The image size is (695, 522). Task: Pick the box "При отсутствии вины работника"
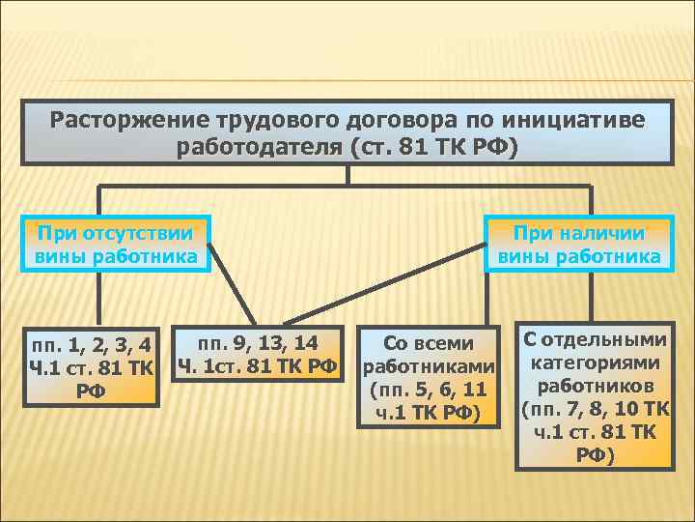point(116,244)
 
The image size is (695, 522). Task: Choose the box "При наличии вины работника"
point(578,244)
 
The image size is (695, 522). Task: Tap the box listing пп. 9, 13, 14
point(258,353)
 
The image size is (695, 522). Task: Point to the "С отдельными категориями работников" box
point(594,396)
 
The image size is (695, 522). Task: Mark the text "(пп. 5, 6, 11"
point(429,391)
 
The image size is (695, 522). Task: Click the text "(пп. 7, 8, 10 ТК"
point(594,409)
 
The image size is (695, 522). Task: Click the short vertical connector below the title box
point(347,175)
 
